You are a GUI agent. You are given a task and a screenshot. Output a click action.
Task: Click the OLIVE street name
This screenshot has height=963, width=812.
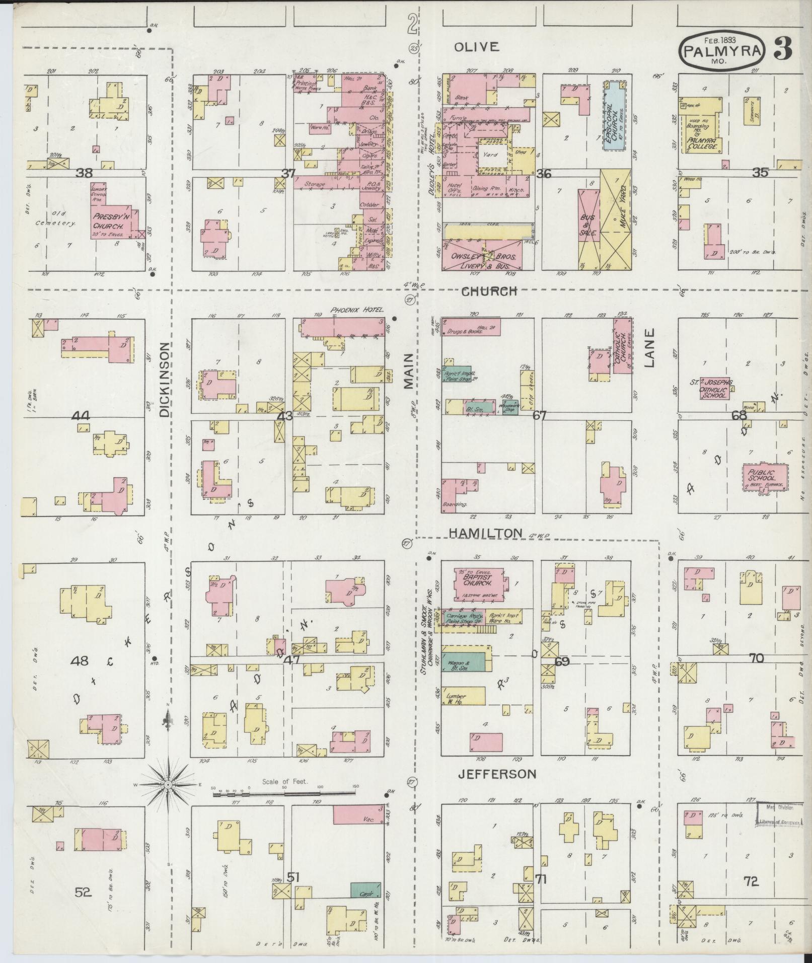coord(476,47)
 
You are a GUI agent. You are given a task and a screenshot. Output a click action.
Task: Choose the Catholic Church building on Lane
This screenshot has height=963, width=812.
coord(622,345)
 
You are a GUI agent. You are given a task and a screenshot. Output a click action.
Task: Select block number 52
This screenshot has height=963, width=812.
coord(83,892)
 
